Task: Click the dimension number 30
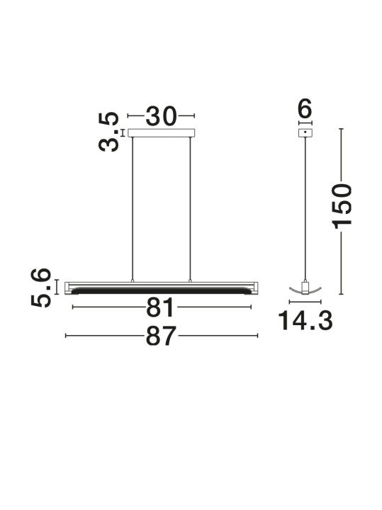(162, 116)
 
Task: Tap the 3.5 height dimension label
(108, 132)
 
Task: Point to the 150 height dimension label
(342, 206)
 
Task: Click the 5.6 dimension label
(41, 288)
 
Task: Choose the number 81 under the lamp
(160, 307)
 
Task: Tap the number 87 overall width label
(161, 336)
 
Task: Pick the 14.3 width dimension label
(305, 321)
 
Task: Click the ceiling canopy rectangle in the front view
(162, 132)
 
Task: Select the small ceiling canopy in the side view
(305, 132)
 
